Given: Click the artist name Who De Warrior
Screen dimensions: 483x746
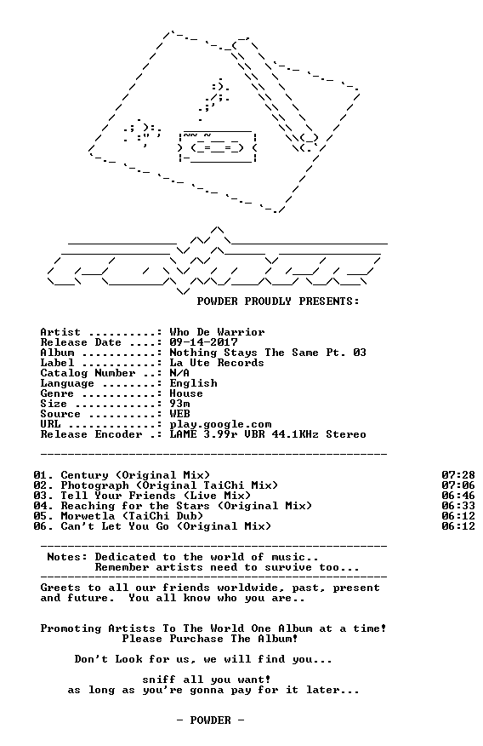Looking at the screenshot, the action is click(x=217, y=332).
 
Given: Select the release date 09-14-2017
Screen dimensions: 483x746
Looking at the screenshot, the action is click(x=203, y=342).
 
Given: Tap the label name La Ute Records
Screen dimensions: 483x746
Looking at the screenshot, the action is click(x=217, y=363).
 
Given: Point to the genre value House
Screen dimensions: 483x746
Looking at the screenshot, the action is click(x=186, y=393).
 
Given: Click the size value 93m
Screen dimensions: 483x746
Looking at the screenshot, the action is click(x=179, y=404).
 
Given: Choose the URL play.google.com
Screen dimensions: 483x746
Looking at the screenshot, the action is click(x=220, y=424).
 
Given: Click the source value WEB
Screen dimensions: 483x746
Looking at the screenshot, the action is click(x=179, y=414).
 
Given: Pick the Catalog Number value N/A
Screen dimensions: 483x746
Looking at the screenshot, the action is click(x=179, y=373).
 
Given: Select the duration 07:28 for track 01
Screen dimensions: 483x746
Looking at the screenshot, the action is click(x=457, y=475).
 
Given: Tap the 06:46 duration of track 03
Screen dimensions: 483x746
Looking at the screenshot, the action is click(x=457, y=496).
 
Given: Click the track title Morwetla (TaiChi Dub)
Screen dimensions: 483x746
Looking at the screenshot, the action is click(x=132, y=516).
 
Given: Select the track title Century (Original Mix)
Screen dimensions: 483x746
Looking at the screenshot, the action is click(x=135, y=475).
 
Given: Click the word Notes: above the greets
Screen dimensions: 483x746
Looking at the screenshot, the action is click(x=67, y=557).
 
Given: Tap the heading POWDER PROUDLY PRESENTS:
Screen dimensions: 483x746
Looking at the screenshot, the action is click(x=278, y=301).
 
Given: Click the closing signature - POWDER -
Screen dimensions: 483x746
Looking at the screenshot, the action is click(x=210, y=720).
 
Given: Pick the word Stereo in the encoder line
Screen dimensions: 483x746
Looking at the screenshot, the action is click(x=346, y=434).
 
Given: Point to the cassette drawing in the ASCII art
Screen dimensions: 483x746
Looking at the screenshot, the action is click(x=218, y=146).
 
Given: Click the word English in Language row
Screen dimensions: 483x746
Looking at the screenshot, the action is click(x=193, y=383).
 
